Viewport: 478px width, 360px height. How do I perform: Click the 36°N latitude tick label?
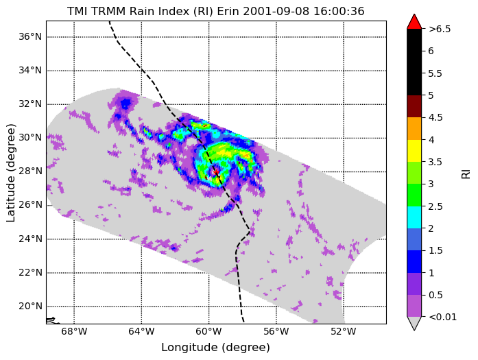(30, 37)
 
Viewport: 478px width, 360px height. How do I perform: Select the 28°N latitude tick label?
(30, 171)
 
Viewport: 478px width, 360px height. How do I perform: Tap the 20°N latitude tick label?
(30, 306)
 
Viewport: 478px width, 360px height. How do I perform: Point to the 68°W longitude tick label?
(74, 332)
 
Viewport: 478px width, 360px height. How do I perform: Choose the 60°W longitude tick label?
(208, 332)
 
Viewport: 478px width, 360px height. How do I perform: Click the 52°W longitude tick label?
(344, 332)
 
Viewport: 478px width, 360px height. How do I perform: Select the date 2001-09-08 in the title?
(276, 12)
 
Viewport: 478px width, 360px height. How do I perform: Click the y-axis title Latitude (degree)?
(10, 173)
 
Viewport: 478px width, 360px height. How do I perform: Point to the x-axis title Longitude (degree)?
(215, 348)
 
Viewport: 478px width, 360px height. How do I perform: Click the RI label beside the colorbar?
(466, 174)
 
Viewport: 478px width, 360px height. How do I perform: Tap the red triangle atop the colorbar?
(414, 22)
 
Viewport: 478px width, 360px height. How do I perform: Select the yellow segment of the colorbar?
(414, 151)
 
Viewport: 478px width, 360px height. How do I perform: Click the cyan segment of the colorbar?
(414, 217)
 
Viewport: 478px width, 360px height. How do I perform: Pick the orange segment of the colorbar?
(414, 128)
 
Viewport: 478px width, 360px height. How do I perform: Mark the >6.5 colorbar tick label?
(440, 29)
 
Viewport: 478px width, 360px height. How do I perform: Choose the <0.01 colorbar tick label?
(442, 317)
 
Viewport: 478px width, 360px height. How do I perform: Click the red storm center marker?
(216, 173)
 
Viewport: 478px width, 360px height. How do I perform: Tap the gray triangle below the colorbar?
(414, 324)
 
